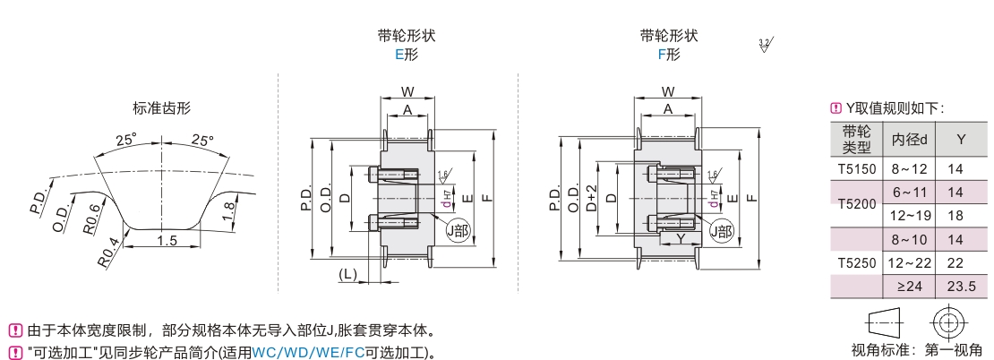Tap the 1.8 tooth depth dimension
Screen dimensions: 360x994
click(x=229, y=211)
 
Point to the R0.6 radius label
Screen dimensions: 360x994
click(x=91, y=218)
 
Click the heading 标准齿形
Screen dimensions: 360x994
click(x=161, y=109)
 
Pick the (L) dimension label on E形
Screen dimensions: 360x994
click(x=349, y=273)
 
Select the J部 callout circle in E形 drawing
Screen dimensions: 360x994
click(x=458, y=230)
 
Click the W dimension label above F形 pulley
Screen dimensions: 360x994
click(x=667, y=91)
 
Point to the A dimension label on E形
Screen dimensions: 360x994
click(x=407, y=109)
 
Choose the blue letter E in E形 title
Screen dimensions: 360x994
click(x=399, y=55)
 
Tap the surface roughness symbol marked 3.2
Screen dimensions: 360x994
click(x=765, y=46)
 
